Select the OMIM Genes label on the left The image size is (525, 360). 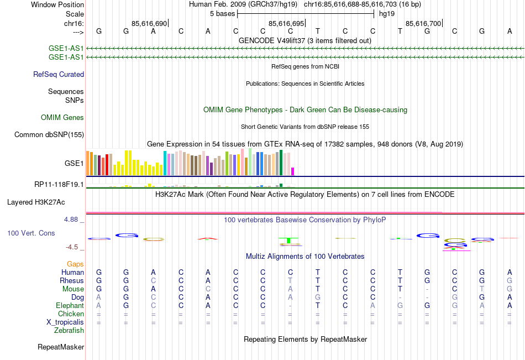pyautogui.click(x=62, y=117)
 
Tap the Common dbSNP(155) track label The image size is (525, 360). pyautogui.click(x=49, y=134)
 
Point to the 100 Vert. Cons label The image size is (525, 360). pyautogui.click(x=31, y=233)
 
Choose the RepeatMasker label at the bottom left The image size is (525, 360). pyautogui.click(x=61, y=347)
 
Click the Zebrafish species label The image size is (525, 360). pyautogui.click(x=69, y=331)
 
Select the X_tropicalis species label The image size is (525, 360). pyautogui.click(x=65, y=322)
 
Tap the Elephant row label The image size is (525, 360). pyautogui.click(x=70, y=305)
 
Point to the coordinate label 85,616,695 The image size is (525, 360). pyautogui.click(x=286, y=24)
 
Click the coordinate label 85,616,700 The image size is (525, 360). pyautogui.click(x=423, y=24)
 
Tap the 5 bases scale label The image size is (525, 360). pyautogui.click(x=222, y=13)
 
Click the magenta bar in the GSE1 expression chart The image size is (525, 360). pyautogui.click(x=293, y=171)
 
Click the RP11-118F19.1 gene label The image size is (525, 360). pyautogui.click(x=59, y=184)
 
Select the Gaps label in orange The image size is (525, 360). pyautogui.click(x=75, y=264)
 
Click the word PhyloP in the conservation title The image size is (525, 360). pyautogui.click(x=374, y=220)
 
